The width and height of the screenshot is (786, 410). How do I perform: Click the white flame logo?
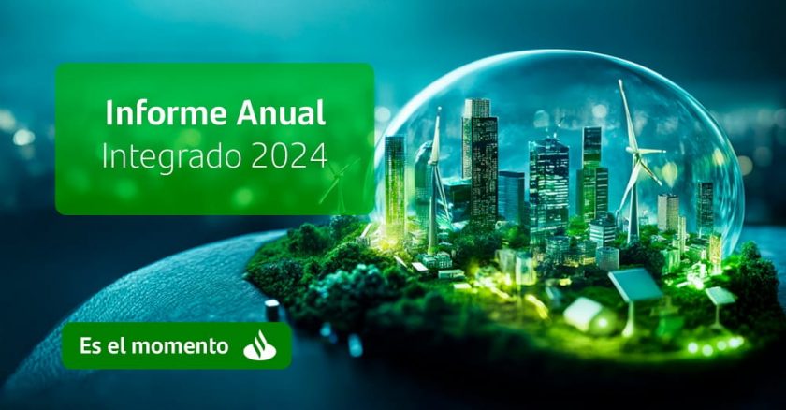[x=260, y=345]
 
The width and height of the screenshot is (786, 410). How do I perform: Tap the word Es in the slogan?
[x=90, y=345]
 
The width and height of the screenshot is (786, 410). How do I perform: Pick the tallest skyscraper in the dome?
[x=480, y=160]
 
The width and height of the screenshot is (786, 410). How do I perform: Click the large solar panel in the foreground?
[x=634, y=285]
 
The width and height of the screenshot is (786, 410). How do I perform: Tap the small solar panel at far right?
[x=720, y=296]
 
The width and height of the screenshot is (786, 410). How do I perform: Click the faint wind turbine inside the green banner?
[x=340, y=183]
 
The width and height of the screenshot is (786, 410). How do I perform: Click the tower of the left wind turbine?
[x=433, y=206]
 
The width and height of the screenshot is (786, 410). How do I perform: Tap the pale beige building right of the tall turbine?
[x=668, y=213]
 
